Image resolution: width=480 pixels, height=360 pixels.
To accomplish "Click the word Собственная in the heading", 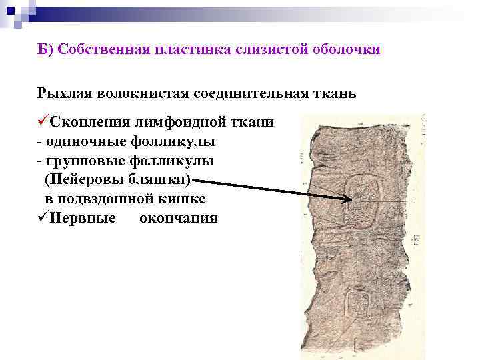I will (x=99, y=51).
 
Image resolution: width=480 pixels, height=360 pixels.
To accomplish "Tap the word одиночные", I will (x=87, y=142).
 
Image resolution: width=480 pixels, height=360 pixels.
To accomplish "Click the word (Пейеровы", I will (x=79, y=180).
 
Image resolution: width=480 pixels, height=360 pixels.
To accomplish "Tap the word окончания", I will (x=178, y=218).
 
